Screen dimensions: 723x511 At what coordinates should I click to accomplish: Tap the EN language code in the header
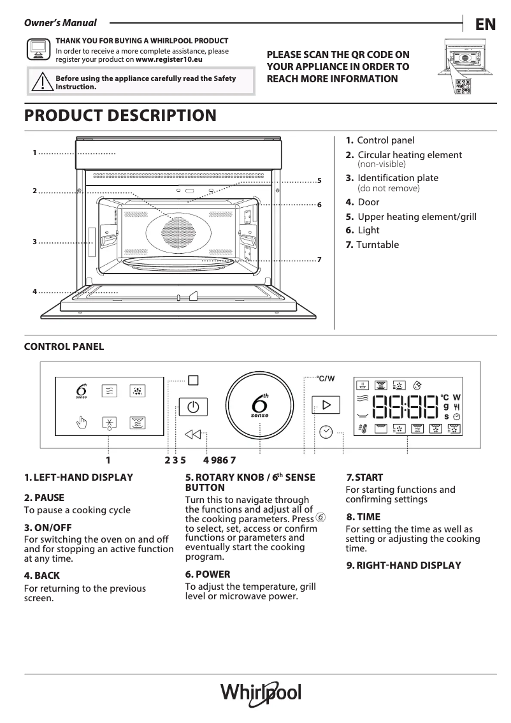pos(485,24)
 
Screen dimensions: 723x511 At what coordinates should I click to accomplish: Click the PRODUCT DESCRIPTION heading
pos(120,115)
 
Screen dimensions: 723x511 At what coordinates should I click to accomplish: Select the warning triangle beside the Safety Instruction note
pos(41,82)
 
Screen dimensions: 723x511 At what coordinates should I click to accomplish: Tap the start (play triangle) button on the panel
pos(326,405)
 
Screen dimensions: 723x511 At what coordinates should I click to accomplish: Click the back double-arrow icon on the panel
pos(192,435)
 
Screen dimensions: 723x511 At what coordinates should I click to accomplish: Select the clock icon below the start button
pos(326,432)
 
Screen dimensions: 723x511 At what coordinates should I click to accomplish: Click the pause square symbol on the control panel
pos(193,380)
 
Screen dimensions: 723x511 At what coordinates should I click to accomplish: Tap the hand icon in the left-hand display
pos(82,423)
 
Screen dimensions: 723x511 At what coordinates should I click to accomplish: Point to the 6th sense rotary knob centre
pos(260,405)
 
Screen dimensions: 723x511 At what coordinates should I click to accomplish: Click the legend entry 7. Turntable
pos(372,245)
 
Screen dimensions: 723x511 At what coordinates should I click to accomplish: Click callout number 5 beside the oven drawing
pos(319,181)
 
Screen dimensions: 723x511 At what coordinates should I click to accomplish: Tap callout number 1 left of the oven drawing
pos(34,152)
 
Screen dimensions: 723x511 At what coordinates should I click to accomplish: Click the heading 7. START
pos(364,478)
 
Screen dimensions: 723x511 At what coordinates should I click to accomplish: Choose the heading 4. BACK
pos(42,575)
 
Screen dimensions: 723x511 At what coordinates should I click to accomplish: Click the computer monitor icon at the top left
pos(38,48)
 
